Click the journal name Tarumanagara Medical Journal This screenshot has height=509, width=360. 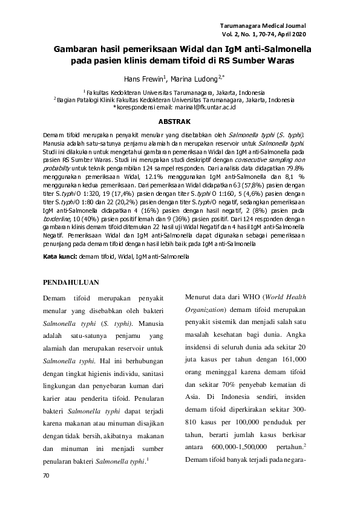pyautogui.click(x=266, y=27)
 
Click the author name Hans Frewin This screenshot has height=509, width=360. pyautogui.click(x=143, y=79)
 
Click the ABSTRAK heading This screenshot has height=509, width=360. pyautogui.click(x=180, y=122)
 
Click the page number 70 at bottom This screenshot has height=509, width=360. pyautogui.click(x=46, y=476)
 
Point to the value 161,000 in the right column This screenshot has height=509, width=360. pyautogui.click(x=290, y=343)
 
